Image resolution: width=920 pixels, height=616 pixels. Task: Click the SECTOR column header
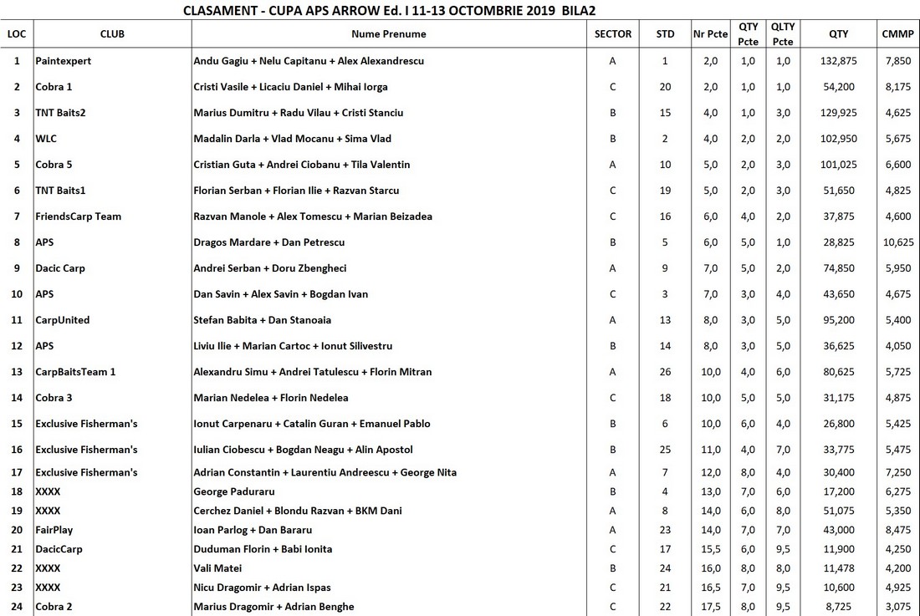(612, 34)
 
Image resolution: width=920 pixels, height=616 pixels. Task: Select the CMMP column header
(897, 34)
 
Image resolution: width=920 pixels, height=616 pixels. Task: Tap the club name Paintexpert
(64, 61)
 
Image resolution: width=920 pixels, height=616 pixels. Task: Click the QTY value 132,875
(838, 61)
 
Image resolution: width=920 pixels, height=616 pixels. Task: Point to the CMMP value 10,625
(897, 242)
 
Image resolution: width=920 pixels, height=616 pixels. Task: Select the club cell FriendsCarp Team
(78, 216)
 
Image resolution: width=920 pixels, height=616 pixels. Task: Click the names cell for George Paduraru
(234, 491)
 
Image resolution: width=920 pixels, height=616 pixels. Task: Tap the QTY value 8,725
(838, 607)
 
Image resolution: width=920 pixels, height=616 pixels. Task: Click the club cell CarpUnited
(63, 320)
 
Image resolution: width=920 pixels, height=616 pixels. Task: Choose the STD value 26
(665, 372)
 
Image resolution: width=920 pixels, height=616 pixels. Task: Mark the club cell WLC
(46, 139)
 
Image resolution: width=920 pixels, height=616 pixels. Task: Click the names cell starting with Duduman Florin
(263, 549)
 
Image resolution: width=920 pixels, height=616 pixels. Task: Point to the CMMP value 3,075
(897, 607)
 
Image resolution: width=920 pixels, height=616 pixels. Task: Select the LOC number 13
(17, 372)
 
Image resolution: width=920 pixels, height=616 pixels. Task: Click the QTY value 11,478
(838, 568)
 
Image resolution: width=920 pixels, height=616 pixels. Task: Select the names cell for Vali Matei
(217, 568)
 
